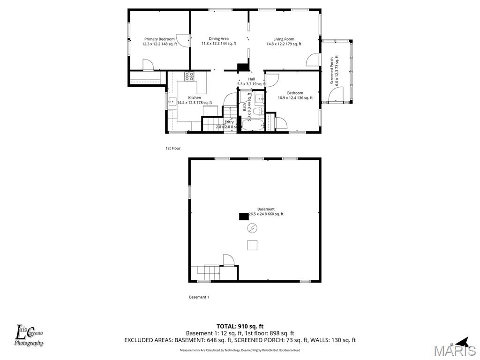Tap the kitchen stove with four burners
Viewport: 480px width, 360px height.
(x=189, y=75)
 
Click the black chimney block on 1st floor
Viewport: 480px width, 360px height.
(x=243, y=67)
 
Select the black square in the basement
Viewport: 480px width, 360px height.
(x=244, y=216)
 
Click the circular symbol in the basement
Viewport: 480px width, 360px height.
(x=252, y=228)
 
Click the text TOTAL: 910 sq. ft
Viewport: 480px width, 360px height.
(x=240, y=326)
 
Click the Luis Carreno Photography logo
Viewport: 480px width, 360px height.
(x=29, y=336)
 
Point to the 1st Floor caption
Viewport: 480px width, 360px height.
(x=172, y=148)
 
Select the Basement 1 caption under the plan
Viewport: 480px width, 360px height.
(x=199, y=297)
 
